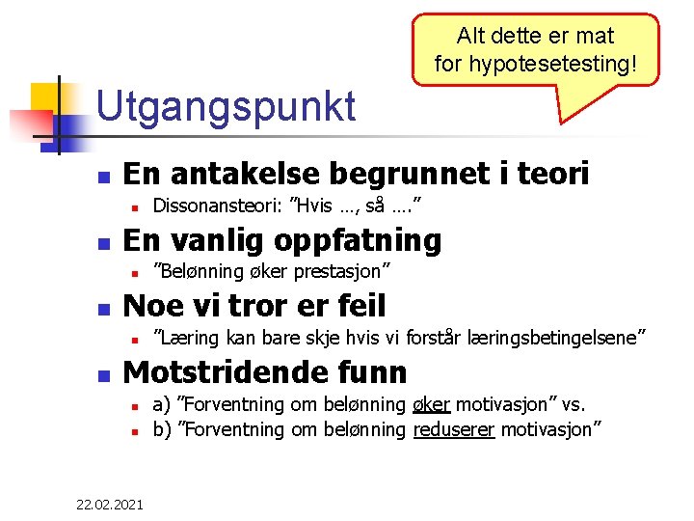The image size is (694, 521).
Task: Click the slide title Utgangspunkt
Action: coord(227,106)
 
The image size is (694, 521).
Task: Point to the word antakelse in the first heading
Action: coord(249,174)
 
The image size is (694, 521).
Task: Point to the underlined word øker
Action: coord(433,403)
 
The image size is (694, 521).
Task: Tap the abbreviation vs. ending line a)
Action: coord(570,403)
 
